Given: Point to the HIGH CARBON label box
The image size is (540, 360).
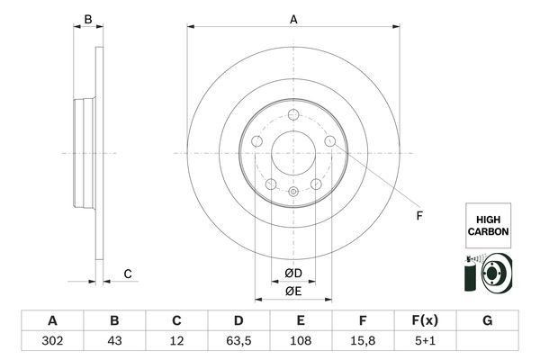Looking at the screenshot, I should click(488, 225).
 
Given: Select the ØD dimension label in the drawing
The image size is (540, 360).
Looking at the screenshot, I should click(293, 273).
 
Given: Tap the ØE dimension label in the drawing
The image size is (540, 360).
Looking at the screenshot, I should click(293, 291).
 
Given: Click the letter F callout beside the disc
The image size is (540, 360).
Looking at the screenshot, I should click(418, 216).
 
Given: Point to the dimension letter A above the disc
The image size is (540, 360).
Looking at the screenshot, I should click(293, 19).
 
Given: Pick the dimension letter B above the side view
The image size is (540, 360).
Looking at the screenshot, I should click(87, 19).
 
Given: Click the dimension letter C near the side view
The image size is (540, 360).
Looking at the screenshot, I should click(128, 274).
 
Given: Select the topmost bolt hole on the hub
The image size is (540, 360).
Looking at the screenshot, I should click(293, 114).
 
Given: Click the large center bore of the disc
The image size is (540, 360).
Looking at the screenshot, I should click(293, 154).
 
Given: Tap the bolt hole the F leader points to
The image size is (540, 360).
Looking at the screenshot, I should click(330, 141).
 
